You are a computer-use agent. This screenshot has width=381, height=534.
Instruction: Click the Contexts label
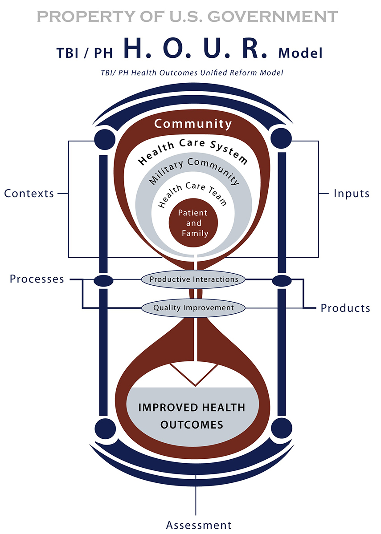click(29, 194)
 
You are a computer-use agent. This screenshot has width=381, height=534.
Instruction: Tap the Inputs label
click(352, 194)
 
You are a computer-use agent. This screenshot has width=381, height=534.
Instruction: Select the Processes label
click(37, 279)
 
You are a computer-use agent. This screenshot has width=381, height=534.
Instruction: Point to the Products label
click(345, 308)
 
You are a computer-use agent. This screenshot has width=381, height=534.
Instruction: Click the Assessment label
click(199, 525)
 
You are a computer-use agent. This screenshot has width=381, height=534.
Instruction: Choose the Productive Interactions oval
click(193, 279)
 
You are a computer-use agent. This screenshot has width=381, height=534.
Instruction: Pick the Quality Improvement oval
click(193, 307)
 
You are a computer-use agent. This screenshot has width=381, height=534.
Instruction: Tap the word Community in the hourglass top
click(193, 124)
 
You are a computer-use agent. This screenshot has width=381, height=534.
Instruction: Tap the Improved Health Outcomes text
click(192, 416)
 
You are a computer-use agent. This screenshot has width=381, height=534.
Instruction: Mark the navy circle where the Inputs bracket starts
click(282, 137)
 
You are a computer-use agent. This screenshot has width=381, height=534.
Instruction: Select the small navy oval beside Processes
click(103, 280)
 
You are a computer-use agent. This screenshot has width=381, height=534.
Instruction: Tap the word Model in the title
click(300, 53)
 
